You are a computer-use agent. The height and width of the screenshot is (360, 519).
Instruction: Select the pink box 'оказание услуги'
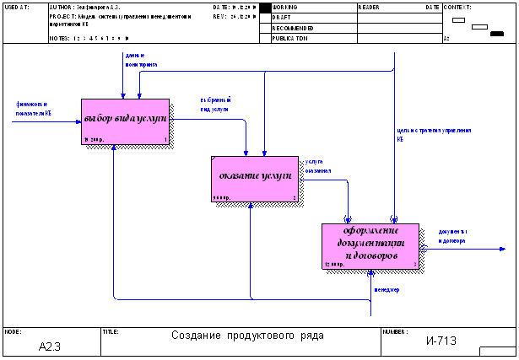254,178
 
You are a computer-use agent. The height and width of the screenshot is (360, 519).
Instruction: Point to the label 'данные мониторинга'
141,59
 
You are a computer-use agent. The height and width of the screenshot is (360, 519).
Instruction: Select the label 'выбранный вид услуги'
215,104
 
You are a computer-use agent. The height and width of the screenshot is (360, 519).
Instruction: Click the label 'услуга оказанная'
317,165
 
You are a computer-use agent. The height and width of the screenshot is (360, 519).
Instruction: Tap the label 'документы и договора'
453,235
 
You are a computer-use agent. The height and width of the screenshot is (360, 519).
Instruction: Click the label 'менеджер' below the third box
387,290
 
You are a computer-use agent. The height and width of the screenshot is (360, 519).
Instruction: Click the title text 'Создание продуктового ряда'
247,335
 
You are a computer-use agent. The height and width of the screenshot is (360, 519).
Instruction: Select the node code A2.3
51,346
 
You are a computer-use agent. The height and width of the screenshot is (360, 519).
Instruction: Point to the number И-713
441,341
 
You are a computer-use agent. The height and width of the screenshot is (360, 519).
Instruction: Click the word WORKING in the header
285,7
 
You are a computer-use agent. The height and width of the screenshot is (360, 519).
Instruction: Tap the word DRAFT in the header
282,17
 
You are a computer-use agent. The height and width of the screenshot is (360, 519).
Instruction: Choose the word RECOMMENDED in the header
294,28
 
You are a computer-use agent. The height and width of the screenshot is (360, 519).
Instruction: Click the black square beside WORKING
264,8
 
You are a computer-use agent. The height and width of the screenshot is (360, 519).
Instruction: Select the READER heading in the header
369,7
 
